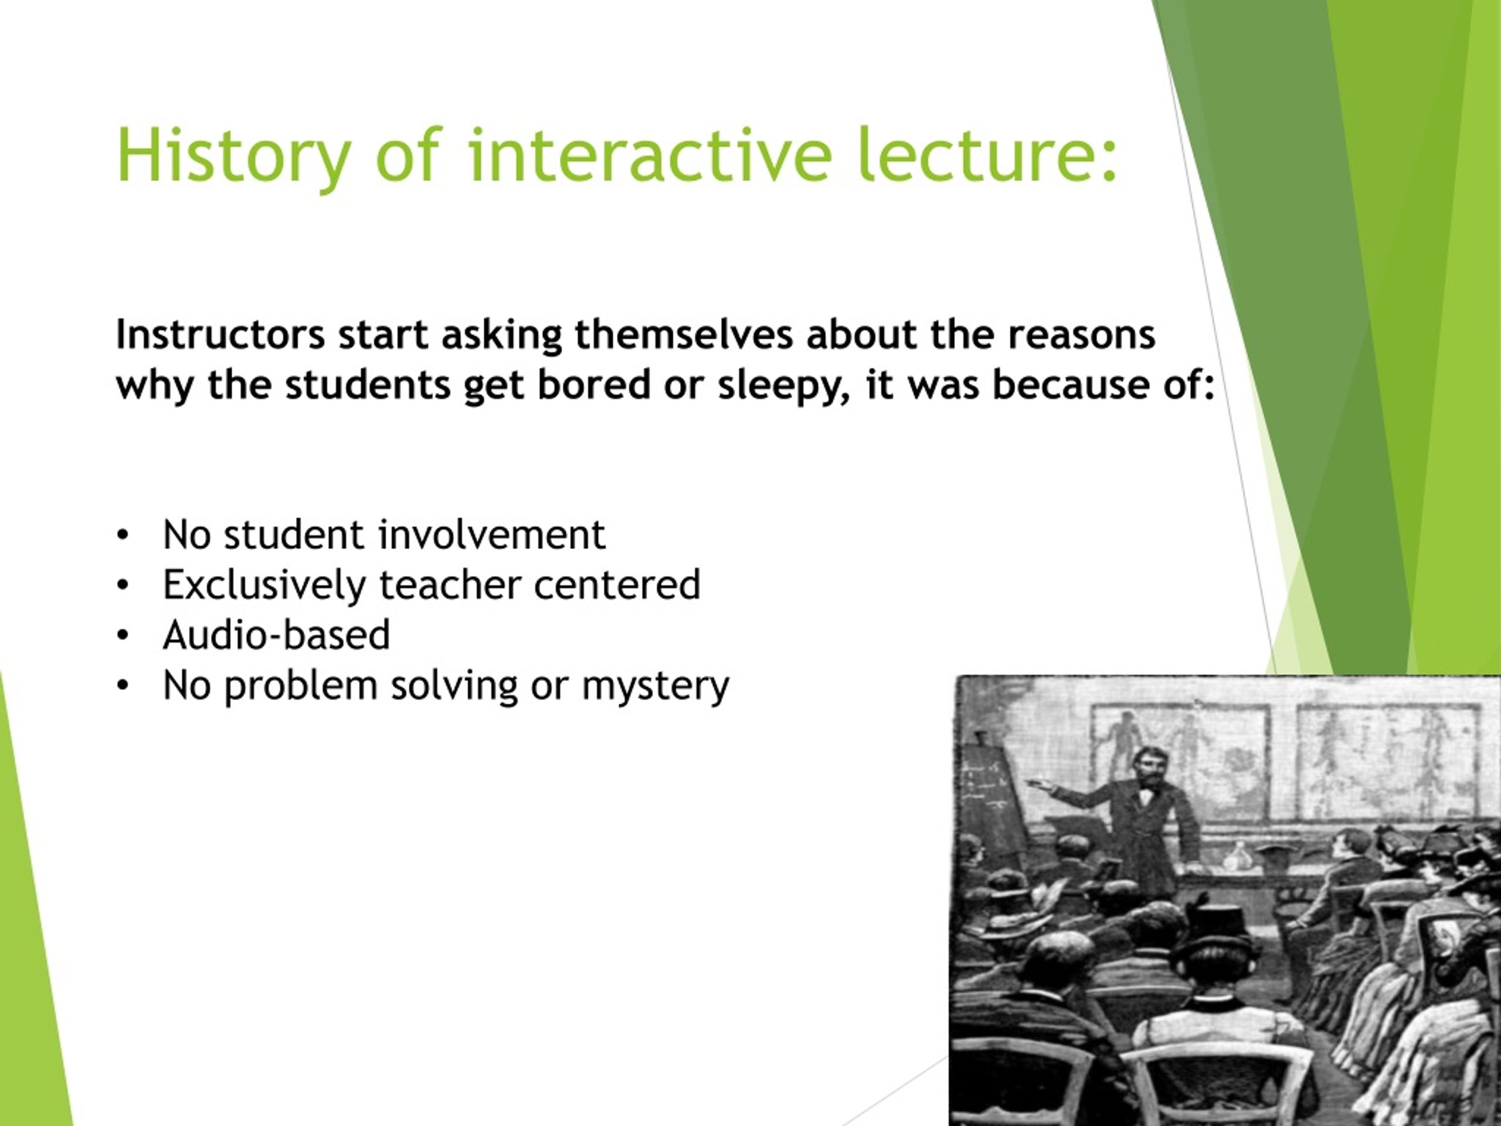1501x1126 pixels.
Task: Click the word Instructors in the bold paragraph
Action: point(220,335)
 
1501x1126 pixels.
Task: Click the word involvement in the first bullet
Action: point(491,535)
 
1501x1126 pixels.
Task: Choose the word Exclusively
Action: point(264,586)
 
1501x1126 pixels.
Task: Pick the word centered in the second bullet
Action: point(617,585)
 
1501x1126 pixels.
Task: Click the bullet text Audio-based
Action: point(276,635)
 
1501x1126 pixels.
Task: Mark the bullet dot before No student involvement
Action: point(122,535)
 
